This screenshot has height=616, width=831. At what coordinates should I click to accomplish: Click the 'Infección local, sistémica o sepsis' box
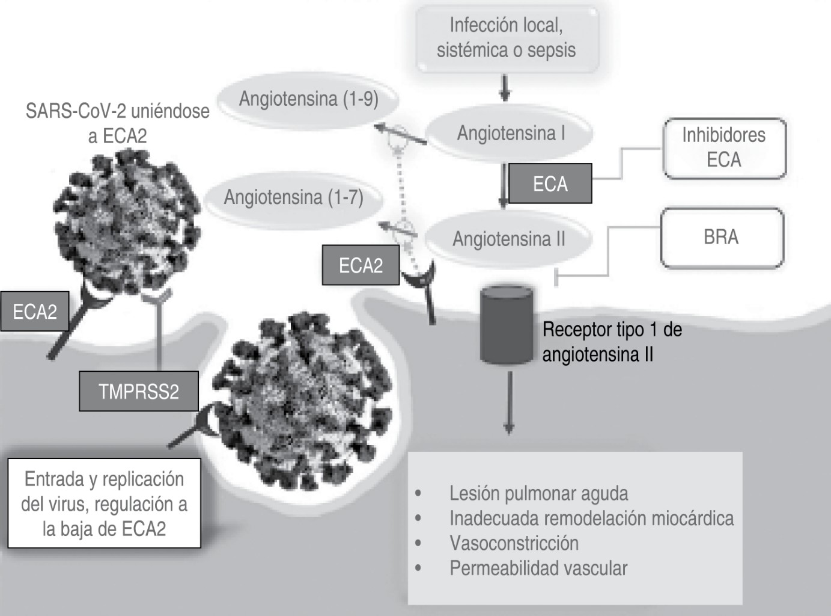coord(507,38)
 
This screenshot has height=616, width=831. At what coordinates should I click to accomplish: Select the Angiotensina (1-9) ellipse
coord(308,99)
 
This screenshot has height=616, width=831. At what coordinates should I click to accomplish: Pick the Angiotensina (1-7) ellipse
coord(293,197)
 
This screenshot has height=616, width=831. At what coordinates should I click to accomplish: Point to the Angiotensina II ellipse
coord(508,239)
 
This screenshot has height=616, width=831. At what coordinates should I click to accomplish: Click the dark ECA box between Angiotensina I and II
coord(550,183)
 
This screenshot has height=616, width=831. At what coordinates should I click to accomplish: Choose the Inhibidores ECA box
coord(723,148)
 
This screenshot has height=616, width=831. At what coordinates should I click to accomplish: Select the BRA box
coord(721,237)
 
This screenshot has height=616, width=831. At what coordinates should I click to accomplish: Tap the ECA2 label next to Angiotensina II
coord(361,265)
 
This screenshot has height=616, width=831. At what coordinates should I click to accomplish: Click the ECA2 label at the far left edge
coord(35,312)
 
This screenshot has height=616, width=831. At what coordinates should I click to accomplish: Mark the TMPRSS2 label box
coord(139,392)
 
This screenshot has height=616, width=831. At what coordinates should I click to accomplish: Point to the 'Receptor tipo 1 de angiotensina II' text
coord(612,342)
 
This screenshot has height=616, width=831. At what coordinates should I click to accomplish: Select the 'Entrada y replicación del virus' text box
coord(104,504)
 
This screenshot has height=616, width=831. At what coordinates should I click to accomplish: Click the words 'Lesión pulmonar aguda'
coord(538,493)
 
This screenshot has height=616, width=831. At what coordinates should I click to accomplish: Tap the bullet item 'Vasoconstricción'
coord(514,543)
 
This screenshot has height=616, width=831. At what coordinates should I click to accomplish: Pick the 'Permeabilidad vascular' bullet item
coord(538,568)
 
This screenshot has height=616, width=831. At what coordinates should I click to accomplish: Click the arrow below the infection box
coord(505,88)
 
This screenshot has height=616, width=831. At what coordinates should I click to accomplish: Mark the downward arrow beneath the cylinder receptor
coord(509,402)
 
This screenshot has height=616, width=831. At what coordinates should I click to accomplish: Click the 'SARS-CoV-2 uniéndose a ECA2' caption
coord(118,123)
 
